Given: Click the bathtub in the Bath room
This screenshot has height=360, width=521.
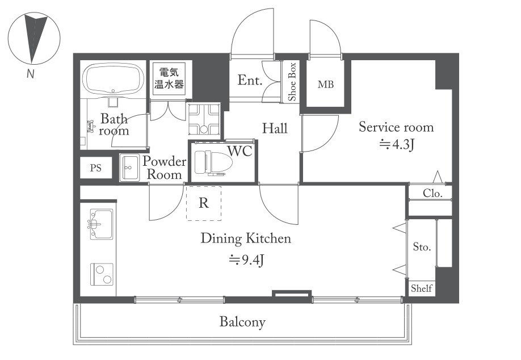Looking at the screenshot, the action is (x=113, y=79).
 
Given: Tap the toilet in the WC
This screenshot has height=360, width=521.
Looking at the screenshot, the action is (x=213, y=163).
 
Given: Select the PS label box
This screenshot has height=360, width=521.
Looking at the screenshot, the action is (x=96, y=168).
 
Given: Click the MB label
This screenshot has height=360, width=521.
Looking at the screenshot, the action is (x=326, y=85).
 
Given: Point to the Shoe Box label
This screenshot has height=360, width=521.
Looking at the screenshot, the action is (x=292, y=82).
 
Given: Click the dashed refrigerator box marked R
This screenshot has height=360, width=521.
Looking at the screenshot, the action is (x=204, y=203).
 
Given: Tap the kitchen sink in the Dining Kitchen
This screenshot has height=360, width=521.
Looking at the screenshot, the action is (x=101, y=224).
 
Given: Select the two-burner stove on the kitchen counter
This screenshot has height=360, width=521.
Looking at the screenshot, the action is (x=102, y=274).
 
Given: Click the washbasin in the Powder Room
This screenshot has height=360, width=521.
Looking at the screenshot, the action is (x=129, y=168).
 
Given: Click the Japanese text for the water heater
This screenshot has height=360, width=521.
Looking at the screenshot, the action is (x=169, y=78).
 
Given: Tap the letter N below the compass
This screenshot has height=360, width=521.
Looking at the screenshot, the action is (x=31, y=73).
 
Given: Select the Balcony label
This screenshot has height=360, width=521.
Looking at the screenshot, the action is (x=242, y=322).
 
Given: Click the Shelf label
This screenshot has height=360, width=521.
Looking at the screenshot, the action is (x=421, y=288).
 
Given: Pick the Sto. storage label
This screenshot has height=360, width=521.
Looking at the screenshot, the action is (x=422, y=246).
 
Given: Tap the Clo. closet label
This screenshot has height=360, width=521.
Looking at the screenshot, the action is (x=432, y=193).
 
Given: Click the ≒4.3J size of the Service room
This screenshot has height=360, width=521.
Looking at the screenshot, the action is (x=397, y=144).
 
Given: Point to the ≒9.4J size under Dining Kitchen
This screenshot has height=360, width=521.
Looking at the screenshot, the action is (x=246, y=260).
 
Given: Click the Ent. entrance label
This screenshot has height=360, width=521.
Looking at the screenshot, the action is (x=250, y=80).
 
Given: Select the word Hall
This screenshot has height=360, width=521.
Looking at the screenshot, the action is (x=275, y=128).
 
